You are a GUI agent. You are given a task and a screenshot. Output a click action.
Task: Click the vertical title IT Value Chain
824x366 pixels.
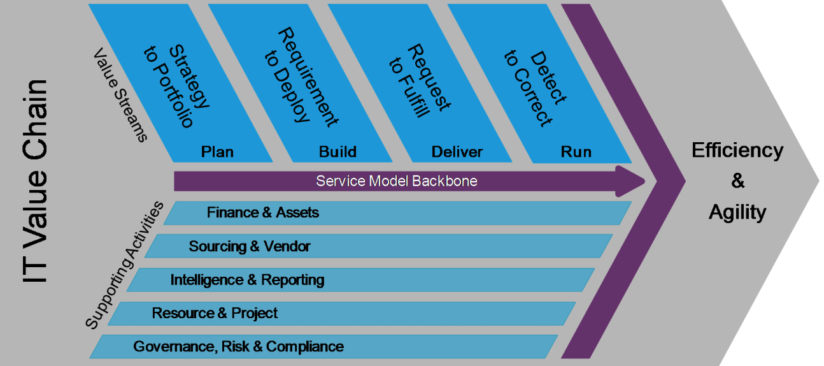point(35,182)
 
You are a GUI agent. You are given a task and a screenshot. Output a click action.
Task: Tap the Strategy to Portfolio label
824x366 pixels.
point(175,86)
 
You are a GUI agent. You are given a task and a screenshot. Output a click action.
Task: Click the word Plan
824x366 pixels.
point(217,152)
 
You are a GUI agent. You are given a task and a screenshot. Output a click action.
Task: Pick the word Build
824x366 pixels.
point(337,152)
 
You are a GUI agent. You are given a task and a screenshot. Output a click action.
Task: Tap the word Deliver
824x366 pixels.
point(457,152)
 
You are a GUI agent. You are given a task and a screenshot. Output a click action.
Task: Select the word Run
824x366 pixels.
point(576,152)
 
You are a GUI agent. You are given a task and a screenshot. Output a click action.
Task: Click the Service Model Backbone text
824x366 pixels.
point(397,181)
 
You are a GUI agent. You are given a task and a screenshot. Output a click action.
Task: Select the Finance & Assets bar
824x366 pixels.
point(262,213)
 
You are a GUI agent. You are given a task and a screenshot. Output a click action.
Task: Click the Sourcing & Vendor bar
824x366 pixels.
point(250,246)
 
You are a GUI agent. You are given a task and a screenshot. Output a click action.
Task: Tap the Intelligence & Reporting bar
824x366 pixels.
point(247,280)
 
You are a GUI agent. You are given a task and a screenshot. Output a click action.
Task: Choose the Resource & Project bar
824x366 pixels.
point(215,313)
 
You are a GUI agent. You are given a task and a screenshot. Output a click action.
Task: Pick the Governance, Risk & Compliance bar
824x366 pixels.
point(238,347)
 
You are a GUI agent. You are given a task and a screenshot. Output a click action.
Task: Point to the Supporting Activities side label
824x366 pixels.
point(124,265)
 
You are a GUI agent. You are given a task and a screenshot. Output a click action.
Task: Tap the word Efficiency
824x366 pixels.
point(737,151)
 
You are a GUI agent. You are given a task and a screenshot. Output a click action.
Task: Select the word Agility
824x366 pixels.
point(737,212)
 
